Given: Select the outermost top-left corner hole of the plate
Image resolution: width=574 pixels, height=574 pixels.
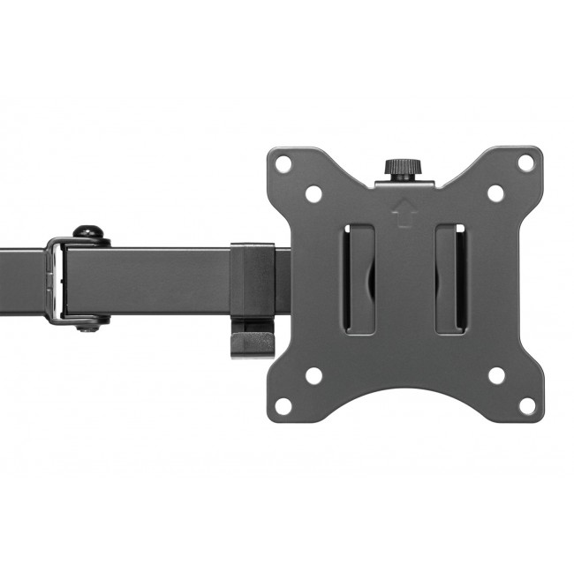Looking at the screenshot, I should click(283, 164).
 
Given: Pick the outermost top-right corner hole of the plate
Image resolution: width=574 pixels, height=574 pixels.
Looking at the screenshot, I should click(525, 163).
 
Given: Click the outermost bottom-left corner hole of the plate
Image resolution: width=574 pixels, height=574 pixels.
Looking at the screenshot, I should click(283, 406).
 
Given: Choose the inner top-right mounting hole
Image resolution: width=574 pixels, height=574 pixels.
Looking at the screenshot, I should click(496, 193).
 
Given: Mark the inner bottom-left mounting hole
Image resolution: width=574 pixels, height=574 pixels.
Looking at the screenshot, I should click(313, 376).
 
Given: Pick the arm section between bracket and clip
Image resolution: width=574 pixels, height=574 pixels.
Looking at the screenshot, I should click(150, 280).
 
